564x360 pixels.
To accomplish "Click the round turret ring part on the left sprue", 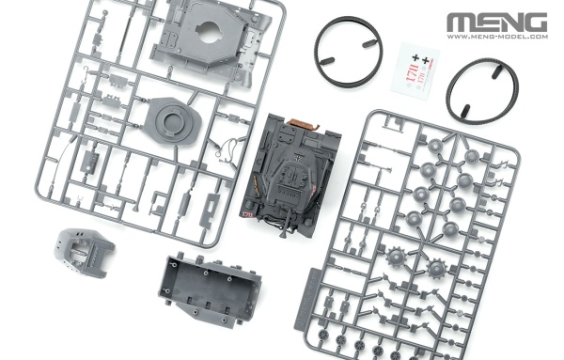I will (x=171, y=121).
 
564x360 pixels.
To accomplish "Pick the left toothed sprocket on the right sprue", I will (x=394, y=256).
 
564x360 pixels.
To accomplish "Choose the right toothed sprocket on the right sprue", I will (x=434, y=269).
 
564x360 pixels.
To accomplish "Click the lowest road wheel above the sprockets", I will (x=449, y=227).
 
